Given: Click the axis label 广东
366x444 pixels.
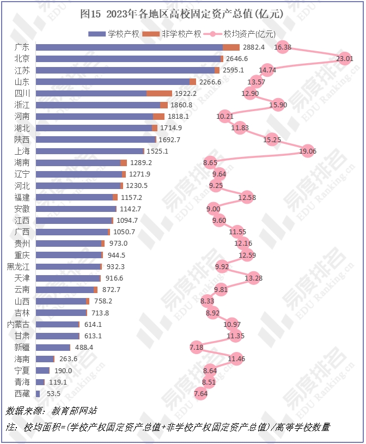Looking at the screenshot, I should pos(22,47).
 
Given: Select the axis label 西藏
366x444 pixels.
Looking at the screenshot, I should pos(22,393).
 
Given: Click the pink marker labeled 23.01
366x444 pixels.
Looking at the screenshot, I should pos(344,58).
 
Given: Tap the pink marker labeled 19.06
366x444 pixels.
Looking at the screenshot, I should pos(308,151).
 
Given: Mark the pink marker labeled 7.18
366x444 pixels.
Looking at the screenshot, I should pos(196,347).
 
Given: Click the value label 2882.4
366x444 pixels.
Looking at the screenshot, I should pos(254,47).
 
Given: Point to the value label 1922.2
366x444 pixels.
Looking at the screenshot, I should pos(186,93).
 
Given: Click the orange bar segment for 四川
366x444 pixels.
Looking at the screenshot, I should pos(159,93).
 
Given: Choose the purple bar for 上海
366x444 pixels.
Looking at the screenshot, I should pos(89,151).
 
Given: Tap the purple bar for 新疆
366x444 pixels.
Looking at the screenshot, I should pos(53,347).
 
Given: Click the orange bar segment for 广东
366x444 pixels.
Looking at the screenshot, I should pos(231,47).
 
